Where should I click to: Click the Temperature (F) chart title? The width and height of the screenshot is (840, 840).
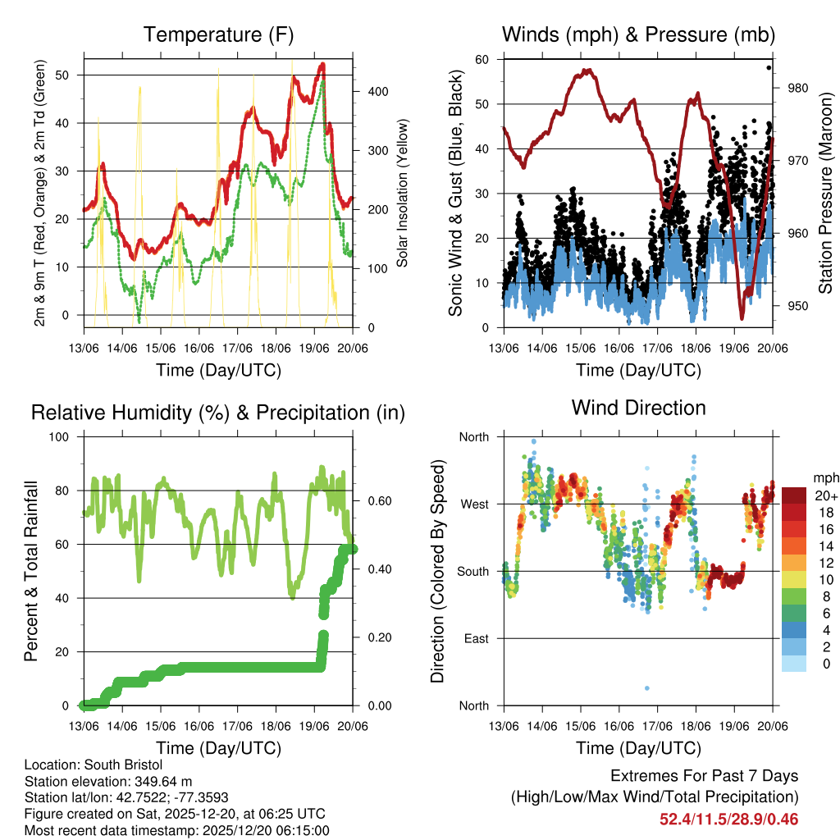point(217,34)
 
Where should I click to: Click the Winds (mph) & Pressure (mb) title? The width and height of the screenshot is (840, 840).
point(638,34)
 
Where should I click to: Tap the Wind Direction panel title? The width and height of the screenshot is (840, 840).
point(638,408)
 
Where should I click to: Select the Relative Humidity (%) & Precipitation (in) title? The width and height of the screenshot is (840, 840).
point(217,413)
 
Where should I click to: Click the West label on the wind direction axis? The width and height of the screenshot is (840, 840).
point(473,504)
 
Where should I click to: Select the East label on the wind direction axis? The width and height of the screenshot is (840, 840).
point(475,638)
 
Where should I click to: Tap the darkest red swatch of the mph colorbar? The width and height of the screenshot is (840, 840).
point(794,495)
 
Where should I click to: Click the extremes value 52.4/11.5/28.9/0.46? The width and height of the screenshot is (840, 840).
point(728,819)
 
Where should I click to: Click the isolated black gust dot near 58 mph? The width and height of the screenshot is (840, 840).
point(769,67)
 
